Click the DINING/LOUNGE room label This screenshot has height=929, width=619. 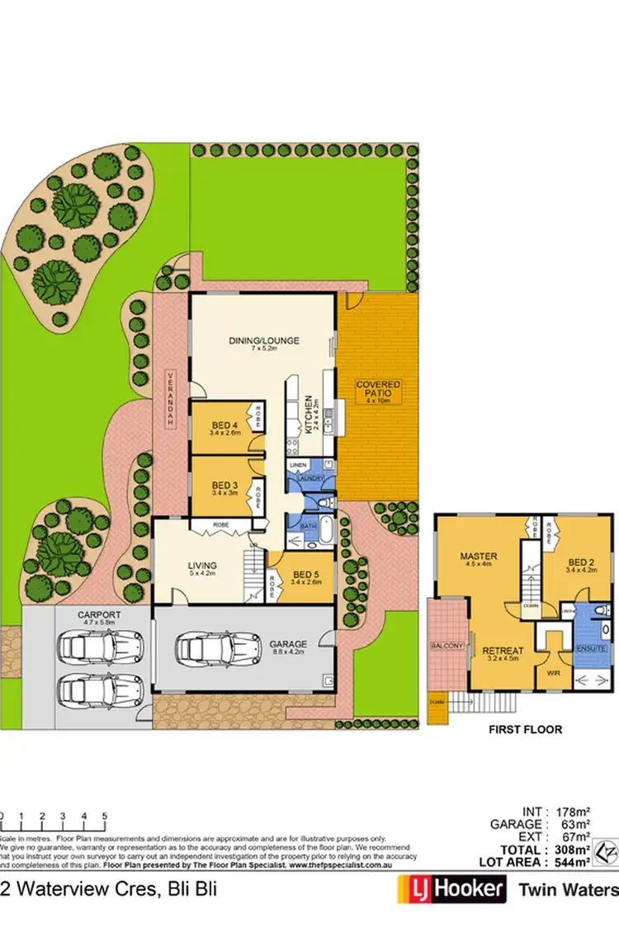click(x=264, y=340)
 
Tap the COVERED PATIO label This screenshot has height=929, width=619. click(x=378, y=391)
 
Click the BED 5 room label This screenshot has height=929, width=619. click(x=305, y=575)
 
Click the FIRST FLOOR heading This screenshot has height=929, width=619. click(x=526, y=730)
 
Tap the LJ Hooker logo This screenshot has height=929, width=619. click(x=451, y=889)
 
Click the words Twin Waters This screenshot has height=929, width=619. click(x=568, y=890)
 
